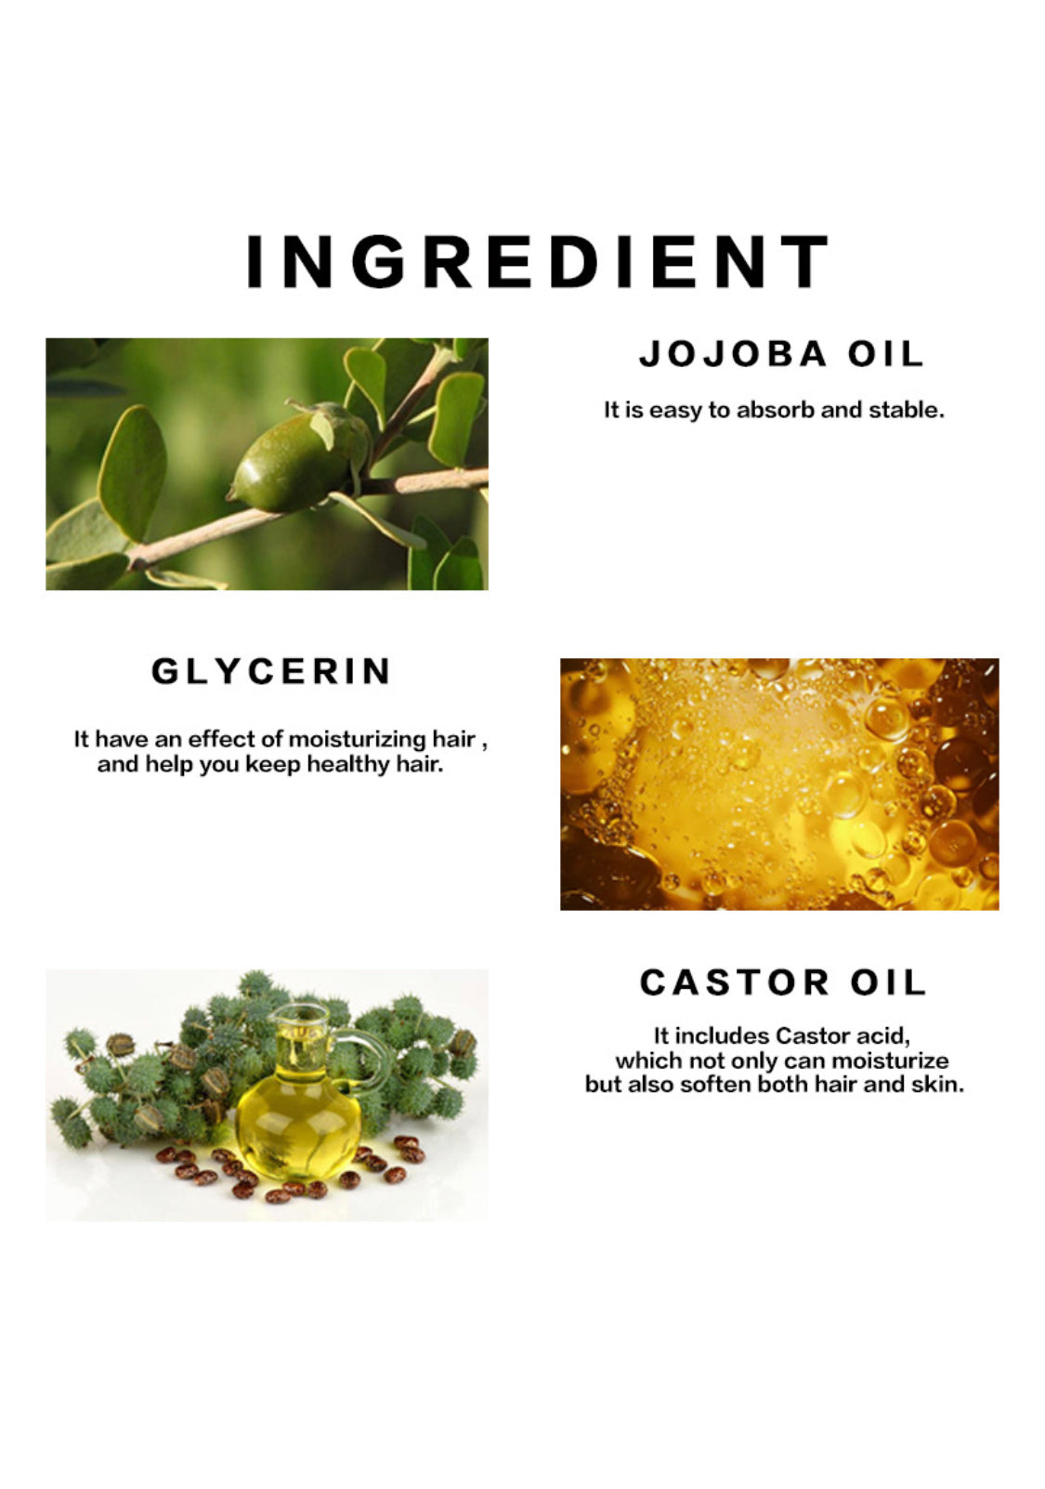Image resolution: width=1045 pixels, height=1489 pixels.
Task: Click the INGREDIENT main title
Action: (x=537, y=261)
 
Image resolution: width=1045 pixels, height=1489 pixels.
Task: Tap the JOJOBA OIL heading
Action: (x=781, y=353)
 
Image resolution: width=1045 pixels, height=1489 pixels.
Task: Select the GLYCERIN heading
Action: (x=271, y=671)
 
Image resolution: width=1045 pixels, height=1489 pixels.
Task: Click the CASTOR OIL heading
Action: (x=782, y=982)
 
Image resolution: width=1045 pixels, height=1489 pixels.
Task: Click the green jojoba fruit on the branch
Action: (x=297, y=458)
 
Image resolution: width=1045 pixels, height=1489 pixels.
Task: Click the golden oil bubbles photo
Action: (x=779, y=784)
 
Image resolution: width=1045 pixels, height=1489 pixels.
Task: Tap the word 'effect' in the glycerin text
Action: (x=220, y=739)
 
